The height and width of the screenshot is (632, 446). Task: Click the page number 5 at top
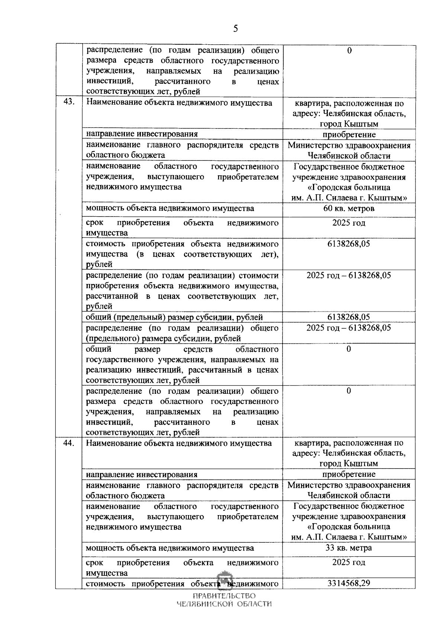[235, 29]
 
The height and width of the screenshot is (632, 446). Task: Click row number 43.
[69, 103]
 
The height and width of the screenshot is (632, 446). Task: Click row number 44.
[69, 443]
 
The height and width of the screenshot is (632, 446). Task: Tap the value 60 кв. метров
[349, 208]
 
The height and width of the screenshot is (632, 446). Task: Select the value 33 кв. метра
[349, 548]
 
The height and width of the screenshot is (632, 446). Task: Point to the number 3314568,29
[349, 583]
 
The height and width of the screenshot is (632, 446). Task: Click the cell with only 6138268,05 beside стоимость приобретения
[349, 244]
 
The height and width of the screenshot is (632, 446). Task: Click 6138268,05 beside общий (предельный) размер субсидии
[349, 317]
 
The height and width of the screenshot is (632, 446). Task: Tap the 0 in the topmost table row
[349, 51]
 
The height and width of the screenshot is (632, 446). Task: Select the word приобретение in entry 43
[349, 134]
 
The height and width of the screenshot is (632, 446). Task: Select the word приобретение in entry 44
[349, 474]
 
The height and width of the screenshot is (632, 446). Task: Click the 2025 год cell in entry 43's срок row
[349, 223]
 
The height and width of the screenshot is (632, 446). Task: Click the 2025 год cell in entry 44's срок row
[349, 562]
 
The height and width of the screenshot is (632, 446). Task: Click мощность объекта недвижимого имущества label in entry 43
[170, 208]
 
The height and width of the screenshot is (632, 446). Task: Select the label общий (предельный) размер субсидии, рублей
[174, 317]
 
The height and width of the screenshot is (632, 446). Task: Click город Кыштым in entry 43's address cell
[349, 124]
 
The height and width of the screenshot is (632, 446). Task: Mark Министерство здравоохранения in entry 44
[349, 485]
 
